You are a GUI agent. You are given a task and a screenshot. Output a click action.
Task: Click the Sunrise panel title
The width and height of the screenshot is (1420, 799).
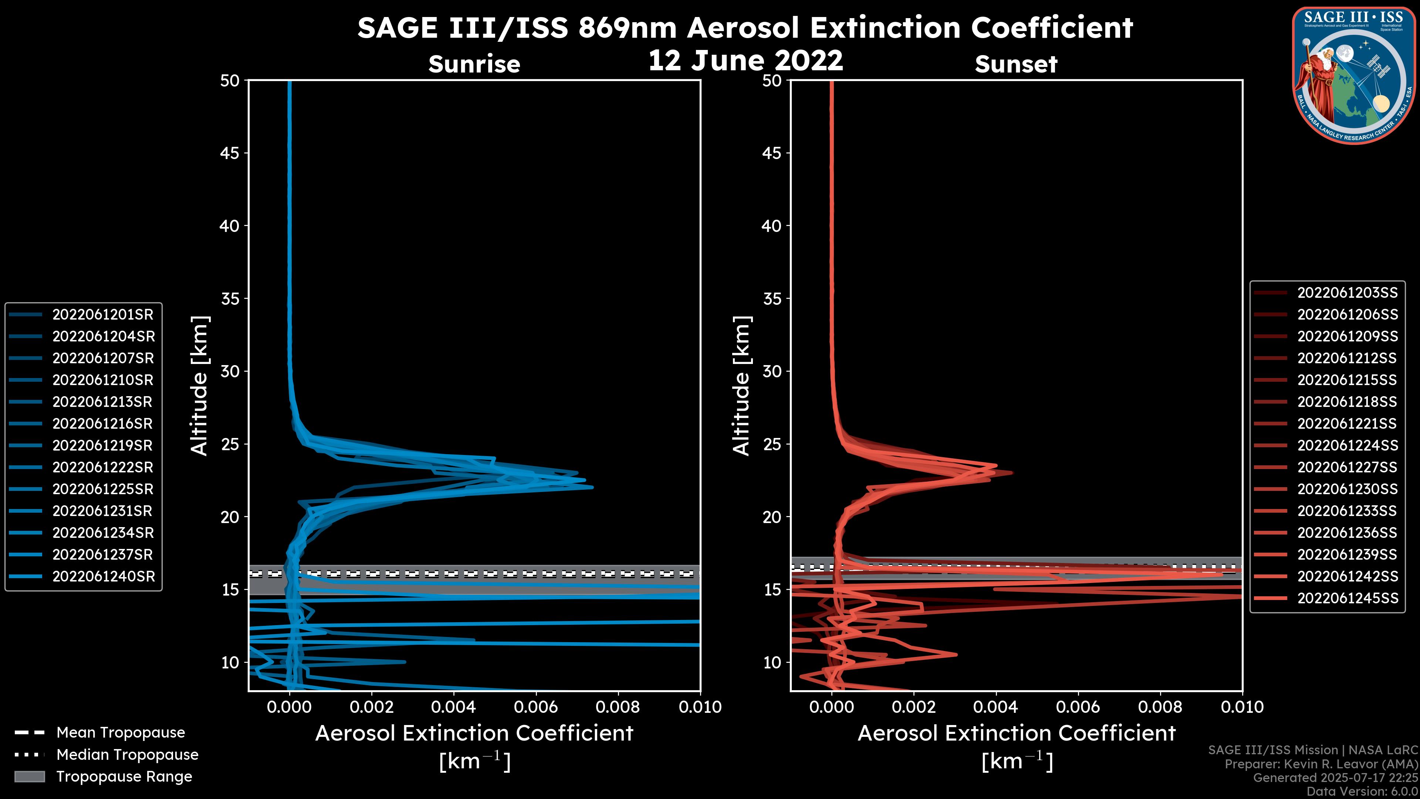(x=474, y=64)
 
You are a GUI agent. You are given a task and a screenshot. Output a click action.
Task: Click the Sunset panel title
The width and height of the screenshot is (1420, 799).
(x=1016, y=64)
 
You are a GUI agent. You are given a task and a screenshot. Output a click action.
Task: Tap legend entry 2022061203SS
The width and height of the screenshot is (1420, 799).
(x=1347, y=293)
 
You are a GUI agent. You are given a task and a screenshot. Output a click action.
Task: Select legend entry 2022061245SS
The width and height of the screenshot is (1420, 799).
(x=1347, y=598)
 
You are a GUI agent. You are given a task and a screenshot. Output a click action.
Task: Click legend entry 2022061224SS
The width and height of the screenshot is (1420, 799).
(x=1347, y=445)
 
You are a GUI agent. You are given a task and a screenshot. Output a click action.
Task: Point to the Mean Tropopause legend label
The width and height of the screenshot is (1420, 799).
(x=121, y=733)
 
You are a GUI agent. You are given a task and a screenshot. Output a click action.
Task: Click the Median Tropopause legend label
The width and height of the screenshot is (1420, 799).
(x=127, y=755)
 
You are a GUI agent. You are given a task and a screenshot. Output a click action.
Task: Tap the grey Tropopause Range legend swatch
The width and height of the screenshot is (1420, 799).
(x=30, y=777)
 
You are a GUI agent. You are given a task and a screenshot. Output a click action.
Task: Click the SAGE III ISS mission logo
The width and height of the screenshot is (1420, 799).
(x=1354, y=74)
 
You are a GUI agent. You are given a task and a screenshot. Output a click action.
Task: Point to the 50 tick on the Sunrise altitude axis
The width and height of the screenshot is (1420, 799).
(x=230, y=81)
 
